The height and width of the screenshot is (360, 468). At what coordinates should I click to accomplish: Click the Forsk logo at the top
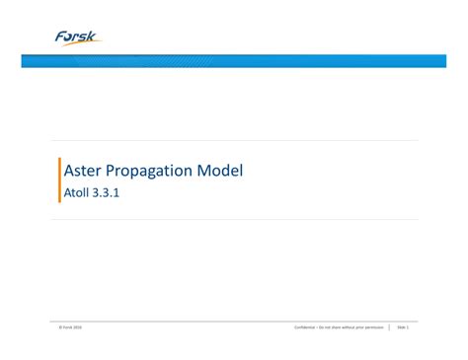coord(78,37)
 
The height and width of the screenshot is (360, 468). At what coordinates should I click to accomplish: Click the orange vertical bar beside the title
coord(60,180)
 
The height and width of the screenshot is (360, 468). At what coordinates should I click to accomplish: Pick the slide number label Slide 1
coord(403,326)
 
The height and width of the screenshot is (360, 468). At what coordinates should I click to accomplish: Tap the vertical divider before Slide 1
coord(390,326)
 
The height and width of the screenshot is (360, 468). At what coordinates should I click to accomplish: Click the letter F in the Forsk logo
coord(62,36)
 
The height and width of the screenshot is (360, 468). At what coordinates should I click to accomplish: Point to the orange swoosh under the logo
coord(81,44)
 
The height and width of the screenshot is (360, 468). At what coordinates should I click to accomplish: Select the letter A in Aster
coord(69,171)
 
